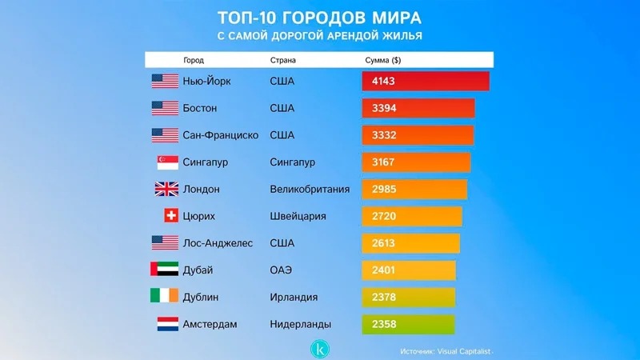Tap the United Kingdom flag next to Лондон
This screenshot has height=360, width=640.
(x=166, y=190)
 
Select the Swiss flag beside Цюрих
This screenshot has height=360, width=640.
(x=170, y=216)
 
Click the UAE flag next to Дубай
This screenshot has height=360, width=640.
(x=164, y=270)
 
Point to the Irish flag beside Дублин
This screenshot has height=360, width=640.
(x=164, y=297)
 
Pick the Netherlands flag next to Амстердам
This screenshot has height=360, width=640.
(x=166, y=324)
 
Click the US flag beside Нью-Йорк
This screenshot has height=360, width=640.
(x=165, y=81)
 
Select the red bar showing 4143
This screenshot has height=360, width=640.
(x=425, y=81)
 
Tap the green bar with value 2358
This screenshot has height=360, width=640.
(x=408, y=324)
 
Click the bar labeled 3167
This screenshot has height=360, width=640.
(x=416, y=162)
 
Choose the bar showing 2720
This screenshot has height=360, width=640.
(x=411, y=216)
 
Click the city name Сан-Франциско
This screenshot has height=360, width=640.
(x=220, y=135)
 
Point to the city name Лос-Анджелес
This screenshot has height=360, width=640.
(x=217, y=243)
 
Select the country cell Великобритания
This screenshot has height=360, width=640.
(x=310, y=190)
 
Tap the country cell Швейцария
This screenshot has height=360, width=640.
(x=299, y=216)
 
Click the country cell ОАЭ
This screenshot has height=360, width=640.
(x=282, y=270)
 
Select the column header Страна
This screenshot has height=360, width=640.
(x=285, y=60)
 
